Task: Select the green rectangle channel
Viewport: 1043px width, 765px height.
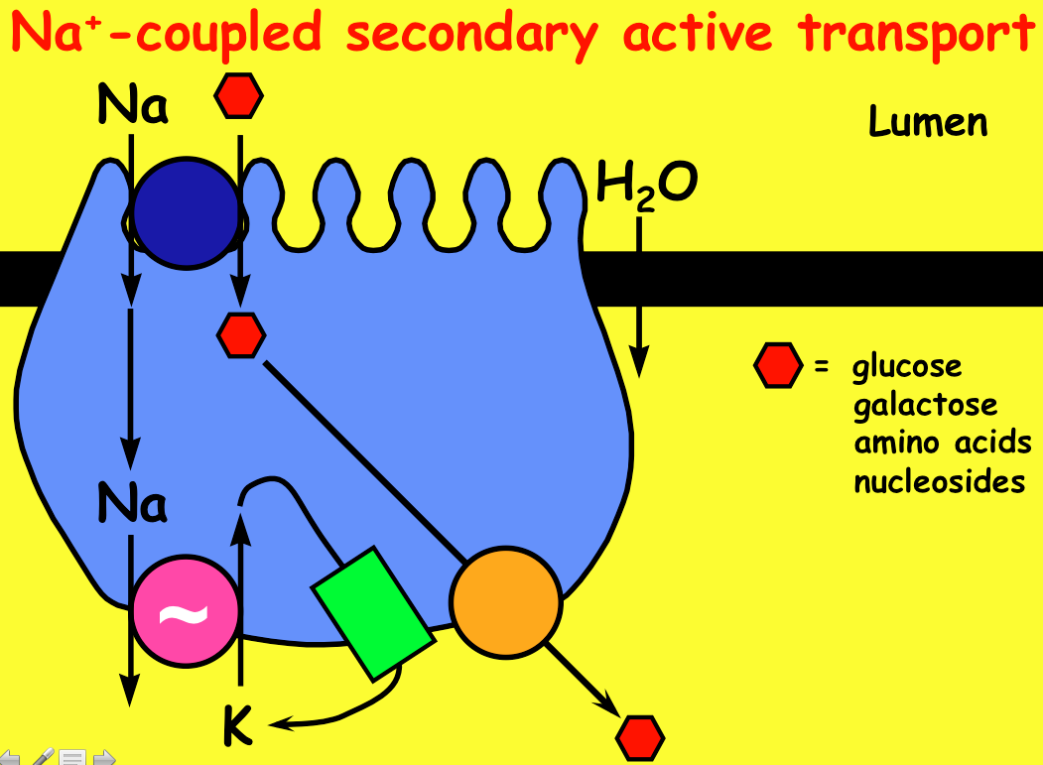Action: pos(372,613)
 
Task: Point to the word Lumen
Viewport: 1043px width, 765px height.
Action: pos(928,122)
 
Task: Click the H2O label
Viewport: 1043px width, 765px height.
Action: pos(646,186)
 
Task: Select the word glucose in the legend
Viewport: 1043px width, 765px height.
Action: pos(907,366)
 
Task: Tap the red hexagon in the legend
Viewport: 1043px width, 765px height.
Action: pos(777,366)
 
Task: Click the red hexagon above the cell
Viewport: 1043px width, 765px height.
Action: pos(239,96)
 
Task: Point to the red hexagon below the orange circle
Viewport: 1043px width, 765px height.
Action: pos(639,738)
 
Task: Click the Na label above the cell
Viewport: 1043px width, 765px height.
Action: pos(132,107)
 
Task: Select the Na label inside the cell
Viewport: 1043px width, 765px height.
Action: pos(132,504)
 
